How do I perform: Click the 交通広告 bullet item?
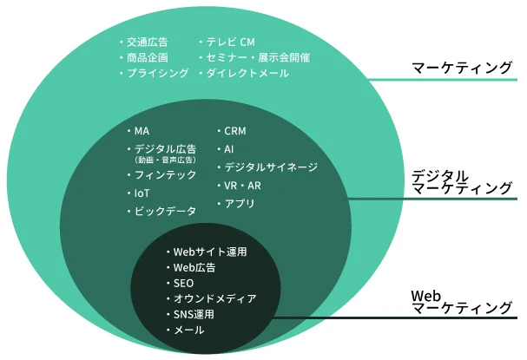(147, 42)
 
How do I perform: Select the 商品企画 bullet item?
(147, 57)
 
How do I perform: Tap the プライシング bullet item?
(157, 74)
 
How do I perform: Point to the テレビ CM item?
(230, 42)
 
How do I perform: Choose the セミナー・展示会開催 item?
(258, 57)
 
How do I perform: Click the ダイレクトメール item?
(247, 74)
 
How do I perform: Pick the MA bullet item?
(142, 131)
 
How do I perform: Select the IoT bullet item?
(143, 193)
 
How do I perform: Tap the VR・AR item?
(243, 186)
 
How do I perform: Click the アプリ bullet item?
(240, 204)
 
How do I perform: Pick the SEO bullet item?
(183, 284)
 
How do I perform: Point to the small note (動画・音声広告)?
(165, 160)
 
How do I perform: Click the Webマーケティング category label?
(461, 301)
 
